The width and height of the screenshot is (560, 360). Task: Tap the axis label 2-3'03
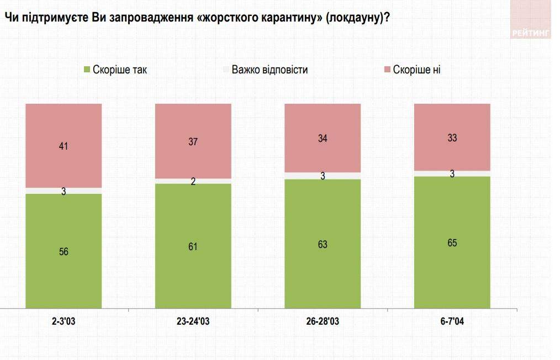(64, 321)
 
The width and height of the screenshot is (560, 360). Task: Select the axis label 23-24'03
(193, 321)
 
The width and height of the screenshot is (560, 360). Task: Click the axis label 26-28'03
(323, 321)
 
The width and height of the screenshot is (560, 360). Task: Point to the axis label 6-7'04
(452, 321)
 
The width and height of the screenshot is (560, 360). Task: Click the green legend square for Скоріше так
(87, 70)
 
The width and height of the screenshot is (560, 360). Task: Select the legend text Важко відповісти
(270, 70)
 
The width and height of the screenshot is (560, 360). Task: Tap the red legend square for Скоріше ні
(387, 70)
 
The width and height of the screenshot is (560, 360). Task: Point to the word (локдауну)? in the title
(358, 17)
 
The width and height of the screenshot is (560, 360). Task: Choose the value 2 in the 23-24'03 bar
(193, 181)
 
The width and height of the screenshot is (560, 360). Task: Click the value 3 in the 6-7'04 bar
(452, 174)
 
